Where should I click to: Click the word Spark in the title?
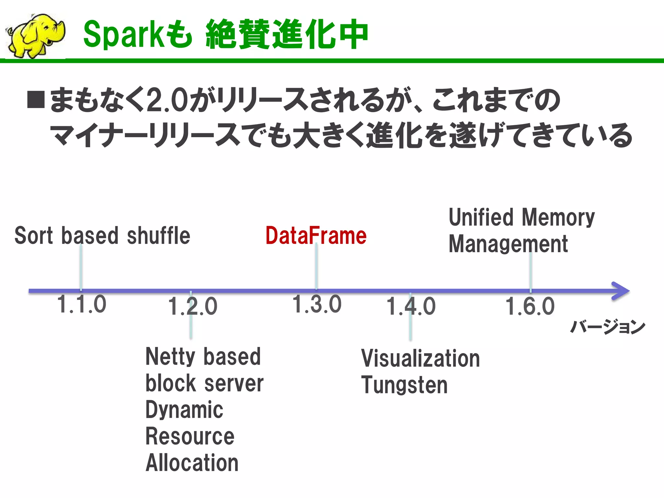[x=124, y=34]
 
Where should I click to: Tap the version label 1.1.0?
[x=81, y=304]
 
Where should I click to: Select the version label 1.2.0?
[x=193, y=306]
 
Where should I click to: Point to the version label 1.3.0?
[x=317, y=304]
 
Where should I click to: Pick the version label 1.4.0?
[x=411, y=306]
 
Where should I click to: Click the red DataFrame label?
[x=316, y=236]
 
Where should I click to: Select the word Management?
[x=508, y=244]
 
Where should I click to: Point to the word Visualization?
[x=421, y=359]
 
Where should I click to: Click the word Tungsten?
[x=404, y=385]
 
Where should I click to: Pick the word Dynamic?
[x=184, y=410]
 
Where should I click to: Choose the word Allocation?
[x=192, y=463]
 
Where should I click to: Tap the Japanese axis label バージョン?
[x=608, y=326]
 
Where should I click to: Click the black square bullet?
[x=36, y=99]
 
